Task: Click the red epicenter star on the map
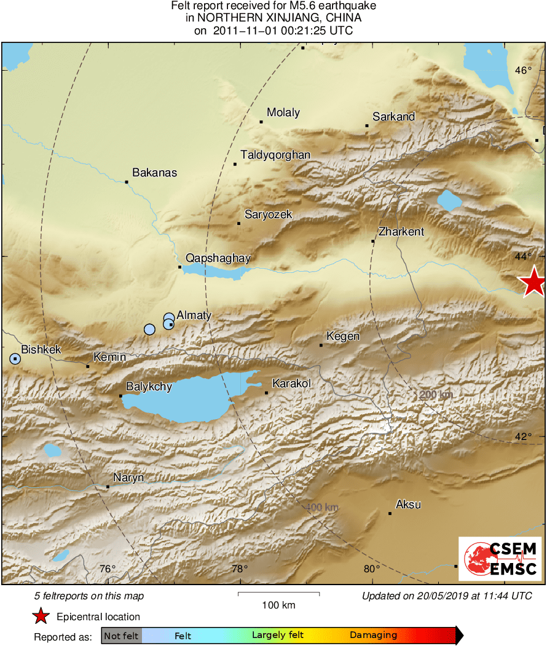coord(532,283)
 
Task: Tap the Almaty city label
coord(194,315)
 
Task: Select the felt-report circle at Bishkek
coord(15,358)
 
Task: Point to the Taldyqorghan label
coord(275,155)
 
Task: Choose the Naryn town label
coord(128,478)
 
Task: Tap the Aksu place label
coord(408,505)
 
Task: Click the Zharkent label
coord(401,232)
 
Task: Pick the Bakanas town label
coord(154,173)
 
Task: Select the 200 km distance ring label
coord(436,394)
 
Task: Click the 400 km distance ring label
coord(322,507)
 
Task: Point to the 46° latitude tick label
coord(524,71)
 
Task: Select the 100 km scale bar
coord(278,594)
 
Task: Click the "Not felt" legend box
coord(121,636)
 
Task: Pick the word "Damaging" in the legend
coord(373,636)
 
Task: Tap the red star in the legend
coord(41,616)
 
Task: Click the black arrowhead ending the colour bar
coord(458,636)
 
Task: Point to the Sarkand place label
coord(394,117)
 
